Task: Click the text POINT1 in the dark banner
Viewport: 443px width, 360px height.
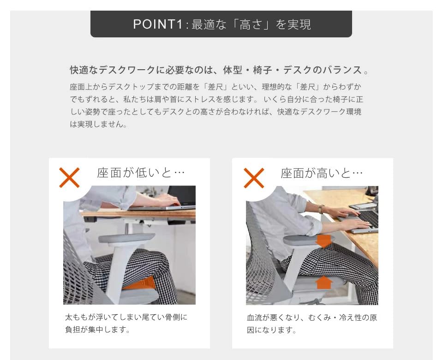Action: coord(158,24)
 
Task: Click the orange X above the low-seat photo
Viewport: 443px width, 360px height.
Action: coord(70,178)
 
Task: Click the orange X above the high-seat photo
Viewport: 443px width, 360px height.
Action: coord(253,178)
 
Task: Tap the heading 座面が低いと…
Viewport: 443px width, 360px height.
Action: coord(141,173)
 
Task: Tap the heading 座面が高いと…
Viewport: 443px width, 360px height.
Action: coord(322,173)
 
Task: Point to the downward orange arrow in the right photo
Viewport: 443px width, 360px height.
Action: coord(324,240)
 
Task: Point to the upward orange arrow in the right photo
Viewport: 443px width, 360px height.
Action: coord(324,282)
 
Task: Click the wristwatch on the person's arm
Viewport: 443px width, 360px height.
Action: coord(321,209)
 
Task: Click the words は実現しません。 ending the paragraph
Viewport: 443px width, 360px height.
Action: coord(98,124)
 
